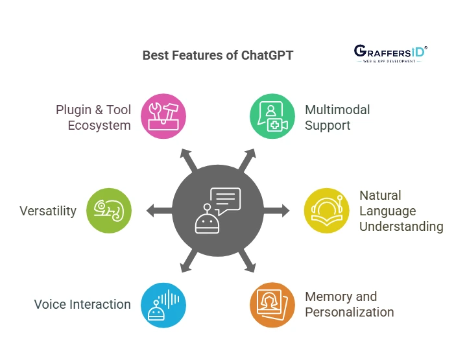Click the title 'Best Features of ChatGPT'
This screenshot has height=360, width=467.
click(x=218, y=55)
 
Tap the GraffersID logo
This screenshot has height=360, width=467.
click(x=390, y=54)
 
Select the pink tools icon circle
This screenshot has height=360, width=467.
click(x=163, y=116)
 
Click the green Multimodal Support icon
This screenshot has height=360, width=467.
click(x=272, y=116)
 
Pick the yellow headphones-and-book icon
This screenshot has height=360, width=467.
click(x=327, y=211)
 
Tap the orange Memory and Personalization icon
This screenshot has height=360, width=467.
click(x=272, y=305)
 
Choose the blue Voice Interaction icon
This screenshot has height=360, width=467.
click(x=163, y=305)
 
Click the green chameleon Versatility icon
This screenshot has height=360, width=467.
click(x=109, y=211)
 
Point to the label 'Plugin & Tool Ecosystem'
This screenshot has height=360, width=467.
click(x=93, y=117)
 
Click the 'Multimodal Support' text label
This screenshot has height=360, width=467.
click(x=337, y=117)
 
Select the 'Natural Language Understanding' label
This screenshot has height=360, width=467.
click(x=401, y=211)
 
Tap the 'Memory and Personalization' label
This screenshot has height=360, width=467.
click(x=350, y=304)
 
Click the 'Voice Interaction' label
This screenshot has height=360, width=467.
click(x=82, y=304)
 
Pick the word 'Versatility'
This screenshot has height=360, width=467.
click(x=48, y=211)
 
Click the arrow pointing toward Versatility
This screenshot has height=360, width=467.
click(x=160, y=211)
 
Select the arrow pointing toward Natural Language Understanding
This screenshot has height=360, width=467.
click(x=276, y=211)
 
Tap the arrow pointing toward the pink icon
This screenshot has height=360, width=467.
click(x=188, y=160)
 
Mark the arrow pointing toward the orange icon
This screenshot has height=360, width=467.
click(x=247, y=261)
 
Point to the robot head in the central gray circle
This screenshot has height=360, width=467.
click(x=207, y=221)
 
